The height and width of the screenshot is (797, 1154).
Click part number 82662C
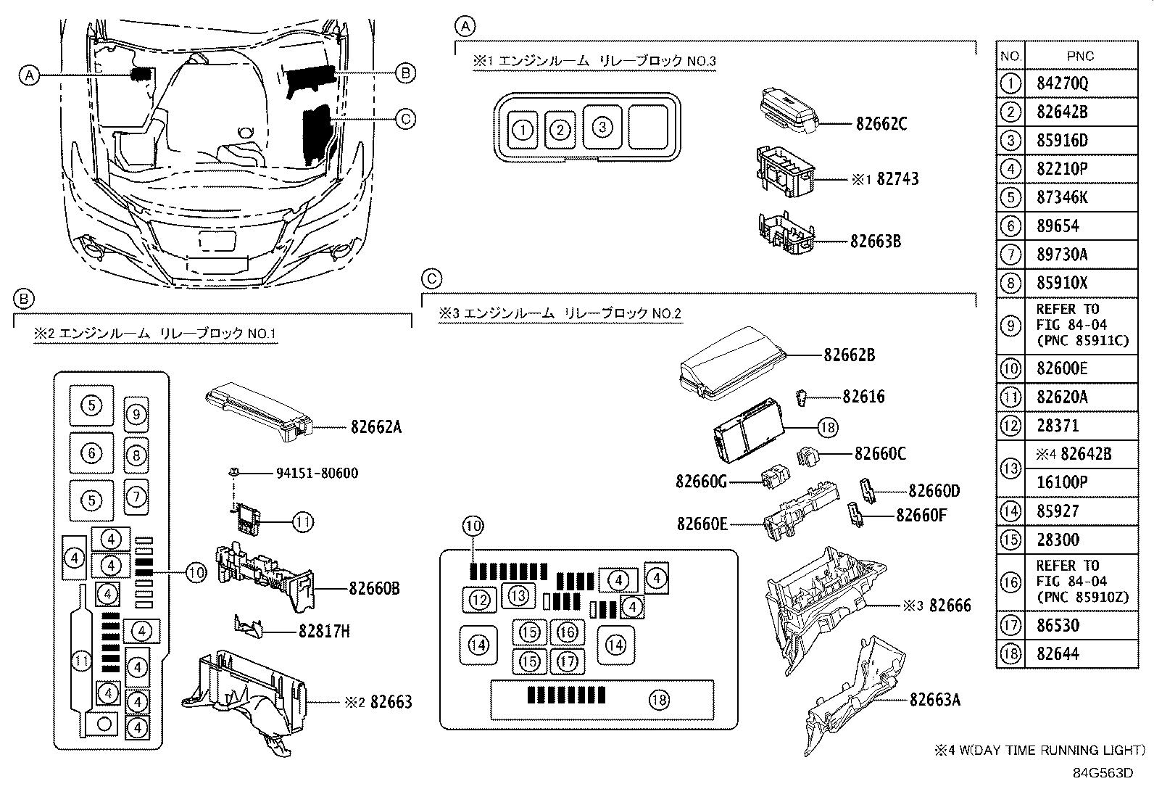click(x=881, y=124)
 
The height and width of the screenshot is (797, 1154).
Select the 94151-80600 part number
click(x=317, y=474)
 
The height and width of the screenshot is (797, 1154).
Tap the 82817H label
click(x=324, y=632)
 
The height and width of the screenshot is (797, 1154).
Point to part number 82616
click(x=863, y=397)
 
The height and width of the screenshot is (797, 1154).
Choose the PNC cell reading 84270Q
click(x=1062, y=83)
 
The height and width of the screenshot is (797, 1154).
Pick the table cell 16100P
click(x=1062, y=482)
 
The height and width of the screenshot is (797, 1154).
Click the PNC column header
click(x=1080, y=56)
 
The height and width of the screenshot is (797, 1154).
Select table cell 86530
click(x=1058, y=625)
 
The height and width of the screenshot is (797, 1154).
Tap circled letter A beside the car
click(x=28, y=75)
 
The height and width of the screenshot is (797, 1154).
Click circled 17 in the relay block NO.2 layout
click(x=568, y=661)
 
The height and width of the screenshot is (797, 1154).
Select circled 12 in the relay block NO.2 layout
click(x=479, y=599)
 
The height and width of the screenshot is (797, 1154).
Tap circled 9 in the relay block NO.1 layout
click(x=136, y=414)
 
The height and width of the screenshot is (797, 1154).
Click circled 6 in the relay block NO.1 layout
click(x=91, y=453)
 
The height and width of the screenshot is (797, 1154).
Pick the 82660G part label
click(x=701, y=481)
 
